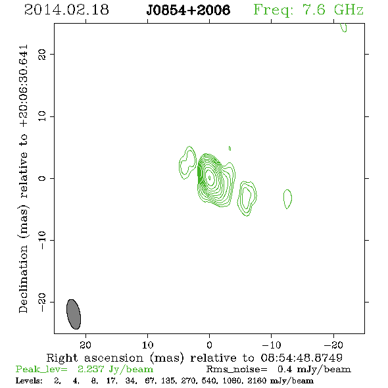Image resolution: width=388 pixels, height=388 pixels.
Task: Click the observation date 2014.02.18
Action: pos(66,10)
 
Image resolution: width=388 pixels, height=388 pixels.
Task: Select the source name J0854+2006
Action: pos(188,10)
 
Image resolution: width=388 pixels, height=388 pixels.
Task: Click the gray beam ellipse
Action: pos(74,314)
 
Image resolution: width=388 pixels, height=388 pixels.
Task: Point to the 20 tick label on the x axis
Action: pos(85,345)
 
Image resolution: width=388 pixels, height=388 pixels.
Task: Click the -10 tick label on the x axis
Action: pos(272,345)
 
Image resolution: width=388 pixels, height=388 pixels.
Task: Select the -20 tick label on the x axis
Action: pos(333,345)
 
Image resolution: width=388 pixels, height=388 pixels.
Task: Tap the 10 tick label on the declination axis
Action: pos(42,116)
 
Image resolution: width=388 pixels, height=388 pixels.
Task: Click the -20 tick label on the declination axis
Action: pos(42,302)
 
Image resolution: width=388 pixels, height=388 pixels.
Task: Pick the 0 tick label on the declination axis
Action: pos(42,178)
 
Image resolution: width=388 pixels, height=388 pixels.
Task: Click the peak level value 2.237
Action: pos(91,369)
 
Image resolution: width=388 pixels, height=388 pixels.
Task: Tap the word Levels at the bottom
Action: pos(29,380)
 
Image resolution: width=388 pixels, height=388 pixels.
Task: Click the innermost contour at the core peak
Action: pos(210,178)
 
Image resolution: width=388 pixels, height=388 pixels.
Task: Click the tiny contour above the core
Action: pos(230,148)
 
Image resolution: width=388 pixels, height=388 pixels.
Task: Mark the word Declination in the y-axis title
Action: pos(23,279)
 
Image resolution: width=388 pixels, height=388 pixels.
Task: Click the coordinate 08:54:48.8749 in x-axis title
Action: pos(302,358)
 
